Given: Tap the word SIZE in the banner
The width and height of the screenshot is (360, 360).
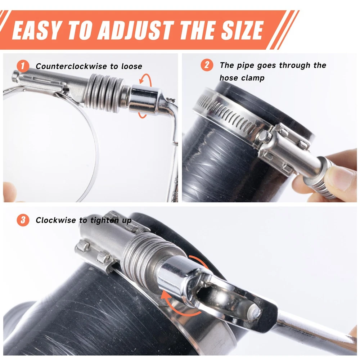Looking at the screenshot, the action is click(242, 30).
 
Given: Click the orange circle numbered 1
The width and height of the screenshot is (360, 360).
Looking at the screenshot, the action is click(23, 66).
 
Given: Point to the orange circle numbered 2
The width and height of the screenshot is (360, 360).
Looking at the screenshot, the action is click(207, 65).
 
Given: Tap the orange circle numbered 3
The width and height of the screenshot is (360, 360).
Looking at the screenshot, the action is click(23, 220).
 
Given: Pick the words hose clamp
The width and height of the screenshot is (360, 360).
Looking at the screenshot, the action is click(242, 78).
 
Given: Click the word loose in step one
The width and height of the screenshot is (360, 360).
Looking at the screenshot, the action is click(131, 66).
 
